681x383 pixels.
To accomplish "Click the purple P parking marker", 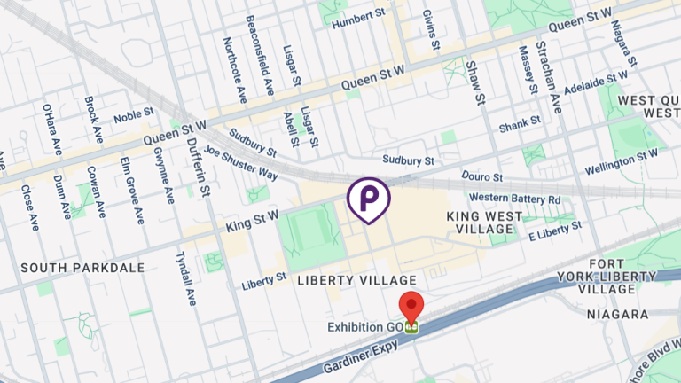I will point(369,197).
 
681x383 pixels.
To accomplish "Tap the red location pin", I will point(411,308).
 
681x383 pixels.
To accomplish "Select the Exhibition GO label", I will point(365,327).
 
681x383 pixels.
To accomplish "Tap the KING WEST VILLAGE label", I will point(481,222).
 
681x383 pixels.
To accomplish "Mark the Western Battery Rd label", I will point(514,198).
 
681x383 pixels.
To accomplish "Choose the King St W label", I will point(253,215).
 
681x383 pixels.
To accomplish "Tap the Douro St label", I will point(484,178).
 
